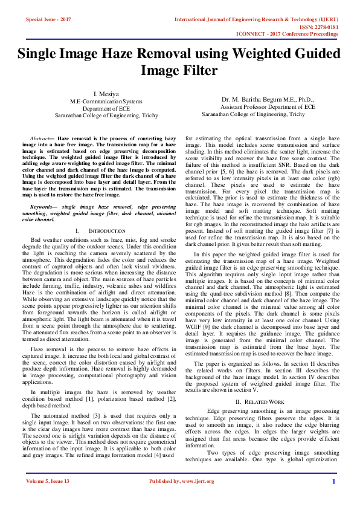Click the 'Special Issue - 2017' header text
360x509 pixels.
pos(49,19)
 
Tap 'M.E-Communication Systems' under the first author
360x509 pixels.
pos(106,101)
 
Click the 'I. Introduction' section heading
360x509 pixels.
pos(101,231)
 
